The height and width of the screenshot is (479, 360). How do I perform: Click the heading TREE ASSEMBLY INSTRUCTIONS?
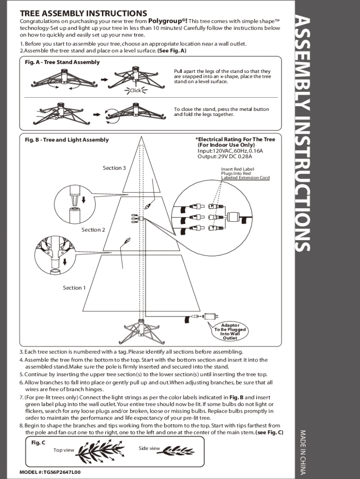(x=83, y=13)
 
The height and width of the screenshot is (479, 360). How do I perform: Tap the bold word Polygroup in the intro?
(x=166, y=21)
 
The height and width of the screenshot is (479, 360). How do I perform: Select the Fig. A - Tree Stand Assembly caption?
(x=62, y=62)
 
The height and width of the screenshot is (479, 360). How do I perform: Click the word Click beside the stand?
(x=135, y=90)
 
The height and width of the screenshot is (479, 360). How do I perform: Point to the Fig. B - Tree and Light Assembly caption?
(x=66, y=140)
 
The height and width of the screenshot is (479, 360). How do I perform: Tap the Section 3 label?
(x=114, y=168)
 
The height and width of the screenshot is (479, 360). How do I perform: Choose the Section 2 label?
(x=93, y=230)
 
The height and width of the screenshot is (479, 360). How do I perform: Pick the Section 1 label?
(x=74, y=288)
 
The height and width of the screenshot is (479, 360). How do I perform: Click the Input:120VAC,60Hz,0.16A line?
(x=230, y=151)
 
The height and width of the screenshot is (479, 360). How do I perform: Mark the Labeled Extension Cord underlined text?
(x=245, y=178)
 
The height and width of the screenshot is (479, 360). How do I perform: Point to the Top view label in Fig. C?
(x=64, y=450)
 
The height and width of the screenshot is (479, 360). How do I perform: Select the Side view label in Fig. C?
(x=149, y=448)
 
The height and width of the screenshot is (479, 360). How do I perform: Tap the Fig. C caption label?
(x=38, y=443)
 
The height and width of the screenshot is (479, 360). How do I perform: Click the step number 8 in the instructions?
(x=21, y=426)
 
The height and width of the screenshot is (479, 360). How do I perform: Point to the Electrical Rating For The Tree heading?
(x=236, y=139)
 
